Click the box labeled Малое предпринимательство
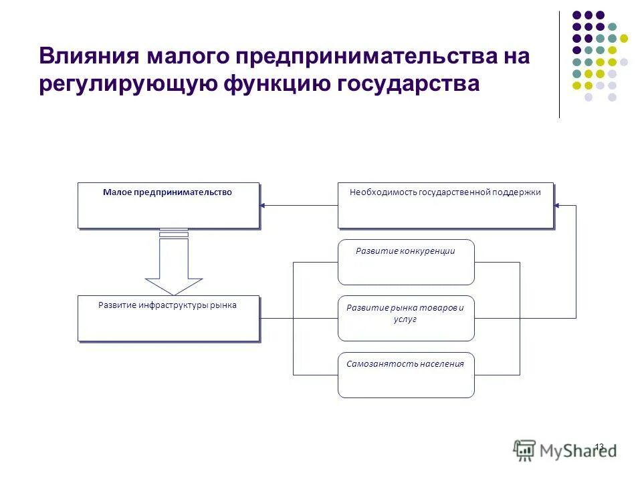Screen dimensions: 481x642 click(x=168, y=205)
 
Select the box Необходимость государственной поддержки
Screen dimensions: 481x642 click(x=445, y=205)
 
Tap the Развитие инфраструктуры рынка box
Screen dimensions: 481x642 click(x=168, y=318)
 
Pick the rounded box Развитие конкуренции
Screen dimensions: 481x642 click(x=406, y=262)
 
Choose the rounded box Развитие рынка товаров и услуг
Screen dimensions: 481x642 click(x=406, y=318)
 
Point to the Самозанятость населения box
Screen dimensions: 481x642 click(x=406, y=375)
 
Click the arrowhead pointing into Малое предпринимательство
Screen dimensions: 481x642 click(x=263, y=205)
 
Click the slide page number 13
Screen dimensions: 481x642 click(x=599, y=446)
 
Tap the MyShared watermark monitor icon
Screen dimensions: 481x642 click(x=525, y=450)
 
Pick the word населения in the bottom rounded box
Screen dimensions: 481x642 click(x=440, y=364)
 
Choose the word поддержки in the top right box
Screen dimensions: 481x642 click(x=516, y=192)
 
